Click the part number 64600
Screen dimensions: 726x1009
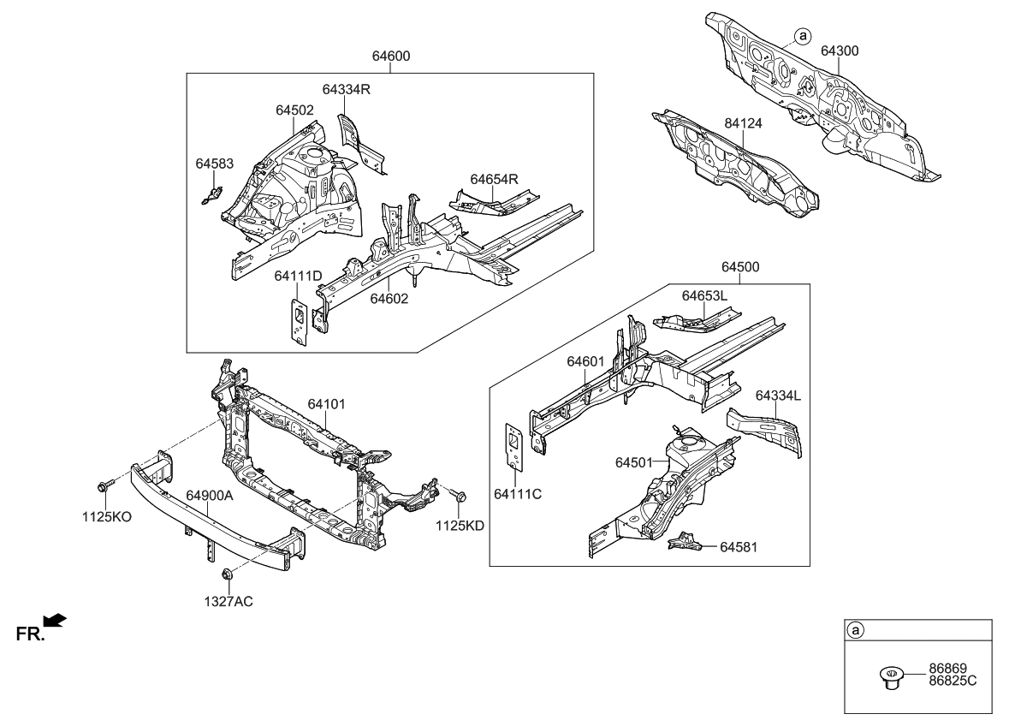pos(390,57)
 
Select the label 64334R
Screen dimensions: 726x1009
pos(346,89)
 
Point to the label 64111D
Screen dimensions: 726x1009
pos(298,276)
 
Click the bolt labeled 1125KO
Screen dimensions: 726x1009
pos(104,486)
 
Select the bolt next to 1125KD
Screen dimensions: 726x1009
pos(455,494)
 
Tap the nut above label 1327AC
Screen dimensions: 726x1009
pos(228,574)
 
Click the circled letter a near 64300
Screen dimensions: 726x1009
pos(801,36)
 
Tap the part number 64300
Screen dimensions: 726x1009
pos(840,51)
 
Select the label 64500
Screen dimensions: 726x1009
pos(740,267)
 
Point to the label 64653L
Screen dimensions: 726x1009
pos(704,295)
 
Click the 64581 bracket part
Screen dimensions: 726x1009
pos(685,541)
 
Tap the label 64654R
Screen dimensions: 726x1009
pos(495,179)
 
